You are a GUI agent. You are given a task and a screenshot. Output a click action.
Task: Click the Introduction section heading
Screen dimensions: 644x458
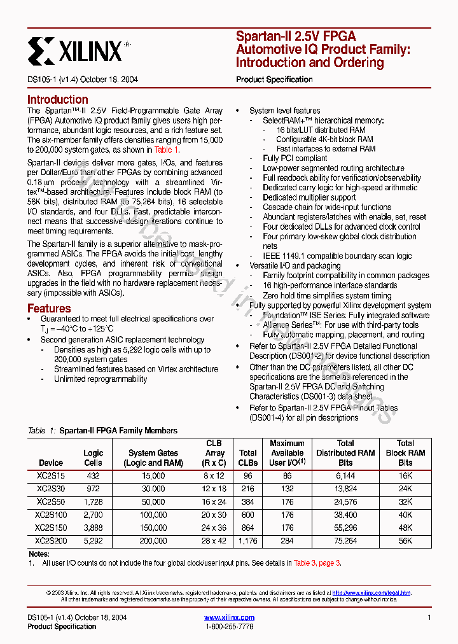click(x=57, y=99)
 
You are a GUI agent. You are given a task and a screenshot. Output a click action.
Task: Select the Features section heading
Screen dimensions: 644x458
click(x=49, y=309)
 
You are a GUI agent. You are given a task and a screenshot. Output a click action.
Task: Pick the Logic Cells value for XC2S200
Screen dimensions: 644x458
click(x=93, y=541)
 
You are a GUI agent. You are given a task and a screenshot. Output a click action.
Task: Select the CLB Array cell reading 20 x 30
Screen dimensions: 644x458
click(x=214, y=515)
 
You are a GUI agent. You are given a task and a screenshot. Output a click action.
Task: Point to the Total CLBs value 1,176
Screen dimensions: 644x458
click(x=248, y=541)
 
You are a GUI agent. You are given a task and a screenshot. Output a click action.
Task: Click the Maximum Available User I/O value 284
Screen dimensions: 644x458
click(x=287, y=541)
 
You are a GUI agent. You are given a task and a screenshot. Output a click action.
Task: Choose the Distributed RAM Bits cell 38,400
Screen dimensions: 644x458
click(x=345, y=515)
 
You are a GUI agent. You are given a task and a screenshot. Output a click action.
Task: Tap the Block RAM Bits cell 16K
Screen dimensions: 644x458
click(x=405, y=475)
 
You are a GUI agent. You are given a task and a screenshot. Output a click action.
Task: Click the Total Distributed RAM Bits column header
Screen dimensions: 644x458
click(x=345, y=452)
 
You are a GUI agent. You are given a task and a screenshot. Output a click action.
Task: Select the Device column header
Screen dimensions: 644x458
click(x=51, y=463)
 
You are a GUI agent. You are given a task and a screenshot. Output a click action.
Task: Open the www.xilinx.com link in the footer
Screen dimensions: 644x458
click(x=229, y=617)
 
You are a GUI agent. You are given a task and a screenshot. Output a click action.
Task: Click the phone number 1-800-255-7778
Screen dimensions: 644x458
click(x=229, y=627)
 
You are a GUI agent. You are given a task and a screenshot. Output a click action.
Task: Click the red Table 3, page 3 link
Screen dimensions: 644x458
click(x=317, y=563)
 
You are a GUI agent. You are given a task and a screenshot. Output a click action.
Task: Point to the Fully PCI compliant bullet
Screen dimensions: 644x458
click(x=295, y=158)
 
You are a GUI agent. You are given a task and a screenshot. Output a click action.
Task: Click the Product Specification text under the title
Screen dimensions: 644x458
click(x=274, y=80)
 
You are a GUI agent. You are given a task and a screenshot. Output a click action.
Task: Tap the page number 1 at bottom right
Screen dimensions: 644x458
click(x=429, y=617)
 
